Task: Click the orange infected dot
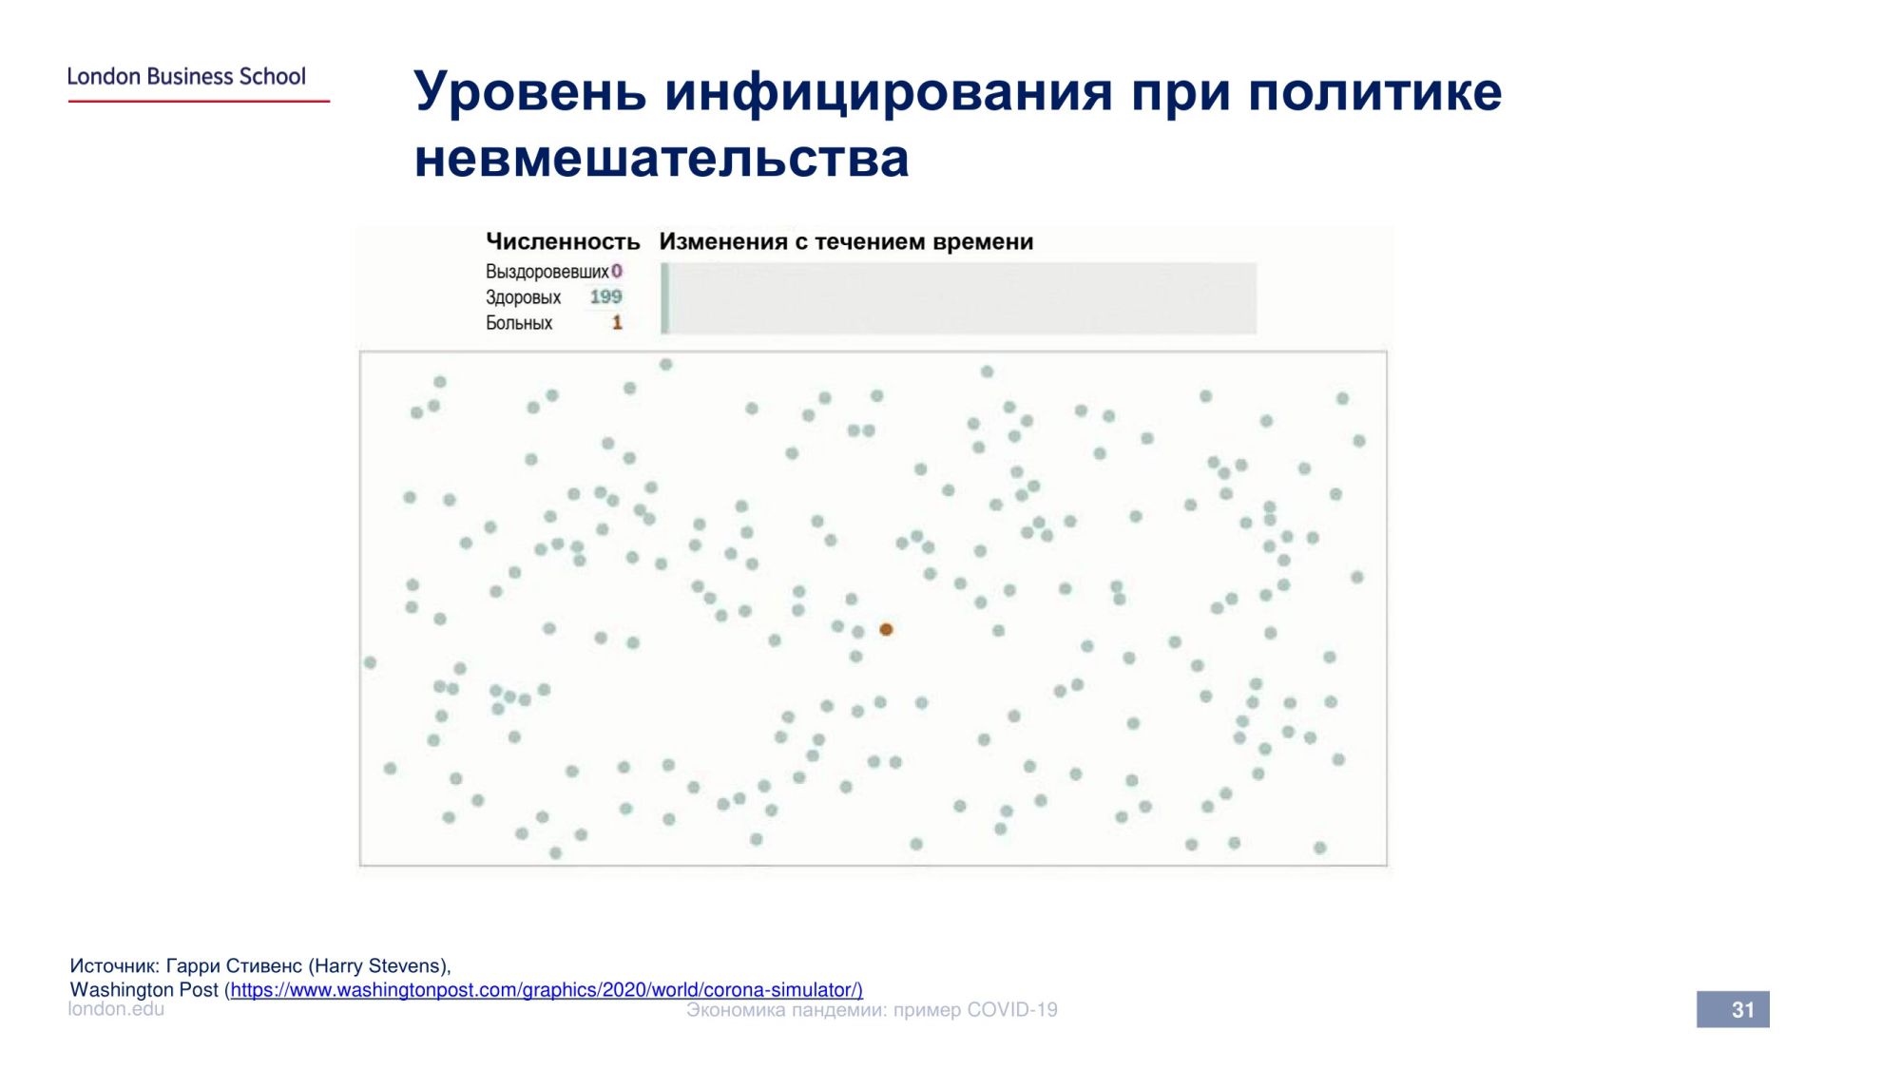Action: pos(886,629)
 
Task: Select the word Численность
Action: pos(563,241)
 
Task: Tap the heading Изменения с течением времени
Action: pos(846,241)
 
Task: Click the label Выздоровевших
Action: pos(547,272)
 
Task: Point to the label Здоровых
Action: pos(523,297)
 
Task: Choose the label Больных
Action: pos(519,323)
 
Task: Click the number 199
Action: pos(605,297)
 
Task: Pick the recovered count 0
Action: pos(617,272)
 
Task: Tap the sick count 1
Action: pos(617,323)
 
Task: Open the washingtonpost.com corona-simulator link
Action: pos(547,990)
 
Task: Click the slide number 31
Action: pos(1742,1010)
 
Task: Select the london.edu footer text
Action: pos(116,1009)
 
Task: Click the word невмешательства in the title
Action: pos(662,159)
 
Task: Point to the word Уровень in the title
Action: pos(530,92)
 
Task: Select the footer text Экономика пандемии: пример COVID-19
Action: pos(872,1010)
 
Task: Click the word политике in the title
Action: pos(1375,92)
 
